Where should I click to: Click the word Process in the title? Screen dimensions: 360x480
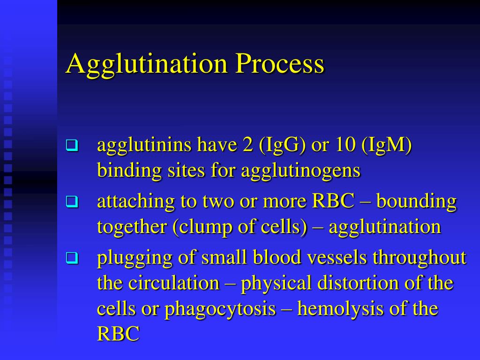pyautogui.click(x=279, y=64)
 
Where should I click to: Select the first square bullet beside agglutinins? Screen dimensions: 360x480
pyautogui.click(x=71, y=146)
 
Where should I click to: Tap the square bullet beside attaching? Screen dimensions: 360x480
pyautogui.click(x=71, y=202)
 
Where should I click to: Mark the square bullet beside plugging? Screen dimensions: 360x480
pyautogui.click(x=71, y=258)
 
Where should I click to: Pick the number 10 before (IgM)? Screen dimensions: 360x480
pyautogui.click(x=345, y=146)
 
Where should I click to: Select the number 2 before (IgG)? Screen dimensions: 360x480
pyautogui.click(x=247, y=146)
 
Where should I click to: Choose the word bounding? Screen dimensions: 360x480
pyautogui.click(x=416, y=202)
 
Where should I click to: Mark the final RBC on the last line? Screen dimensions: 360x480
pyautogui.click(x=118, y=334)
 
